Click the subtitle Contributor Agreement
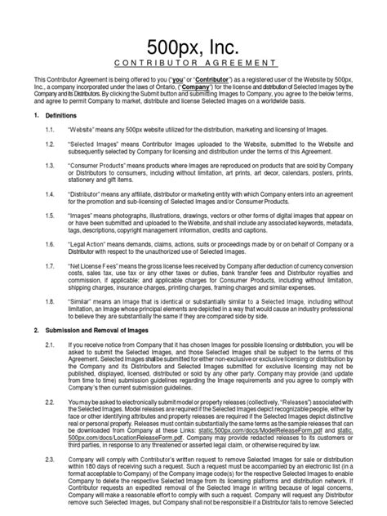(193, 62)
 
